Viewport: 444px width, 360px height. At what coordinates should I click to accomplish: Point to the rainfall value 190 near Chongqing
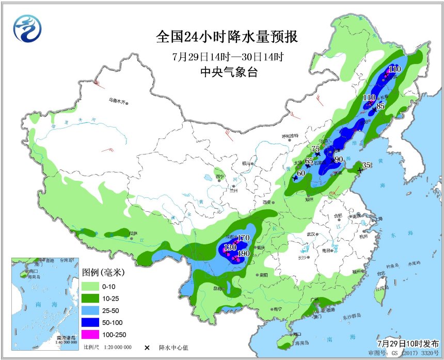[x=244, y=254]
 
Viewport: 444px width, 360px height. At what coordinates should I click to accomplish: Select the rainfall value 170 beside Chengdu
[x=243, y=238]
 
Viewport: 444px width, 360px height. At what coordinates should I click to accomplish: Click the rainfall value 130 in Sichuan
[x=230, y=248]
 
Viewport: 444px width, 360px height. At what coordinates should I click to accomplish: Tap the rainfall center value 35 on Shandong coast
[x=366, y=165]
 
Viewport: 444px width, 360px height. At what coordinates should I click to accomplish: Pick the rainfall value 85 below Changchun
[x=380, y=106]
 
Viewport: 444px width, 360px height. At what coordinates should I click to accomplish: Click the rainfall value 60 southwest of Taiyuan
[x=300, y=173]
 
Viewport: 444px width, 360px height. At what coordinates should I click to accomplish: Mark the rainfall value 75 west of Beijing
[x=316, y=149]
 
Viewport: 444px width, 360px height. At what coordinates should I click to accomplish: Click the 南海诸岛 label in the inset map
[x=66, y=337]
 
